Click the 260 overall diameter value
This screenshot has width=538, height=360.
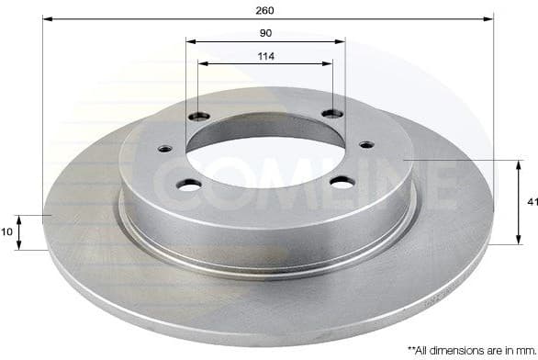tap(265, 10)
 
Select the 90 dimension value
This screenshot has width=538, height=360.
tap(265, 32)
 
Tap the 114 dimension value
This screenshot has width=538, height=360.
tap(265, 56)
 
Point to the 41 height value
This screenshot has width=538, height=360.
tap(531, 201)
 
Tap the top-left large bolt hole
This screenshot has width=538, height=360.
tap(199, 116)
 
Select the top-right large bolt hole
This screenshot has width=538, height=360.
tap(332, 113)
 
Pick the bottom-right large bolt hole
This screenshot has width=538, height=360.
tap(342, 182)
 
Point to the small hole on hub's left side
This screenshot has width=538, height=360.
tap(165, 149)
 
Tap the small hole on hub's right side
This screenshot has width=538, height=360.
tap(366, 144)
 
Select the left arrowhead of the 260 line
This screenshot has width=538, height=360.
tap(47, 19)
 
